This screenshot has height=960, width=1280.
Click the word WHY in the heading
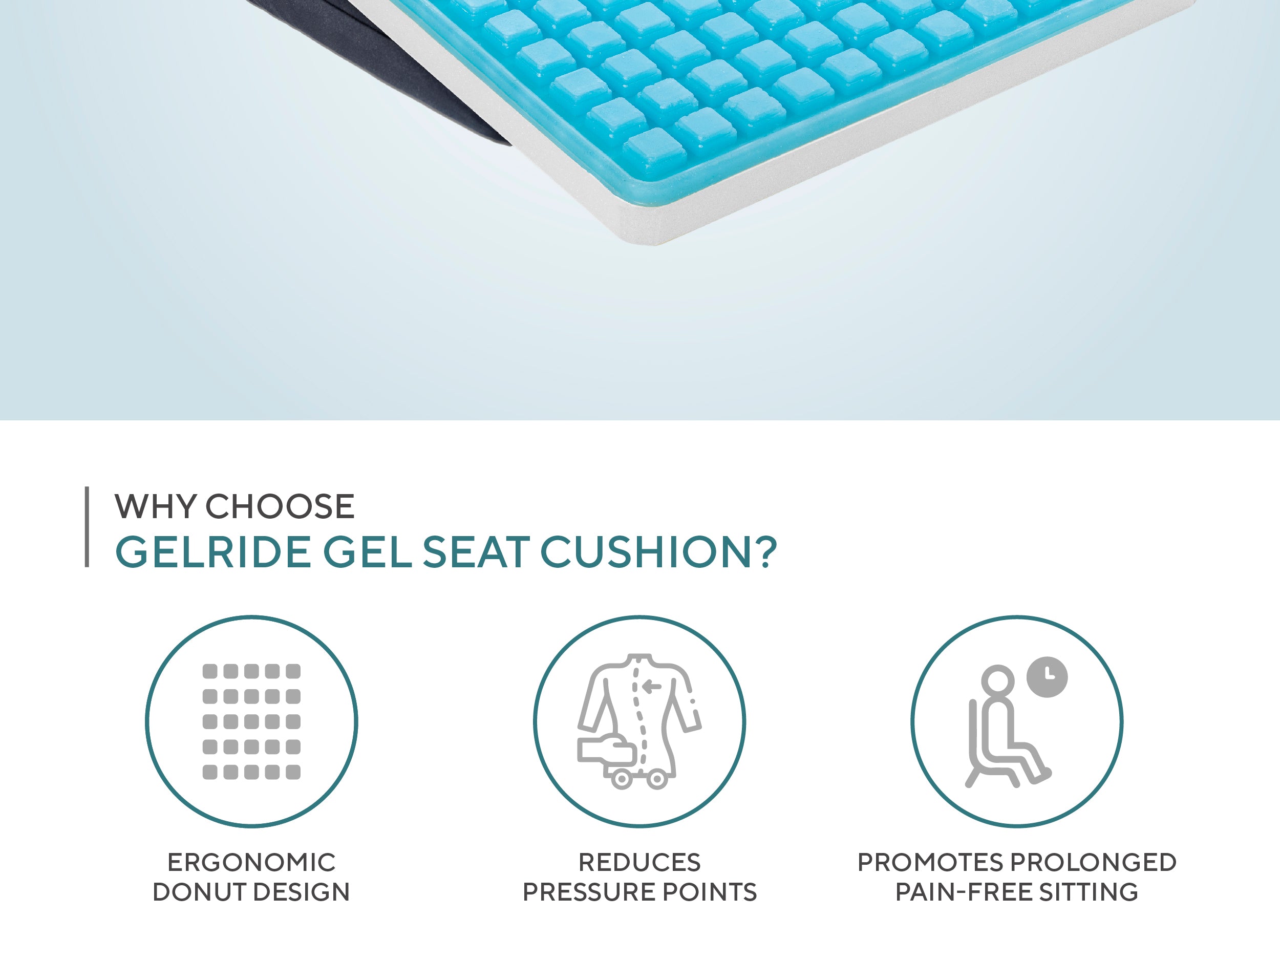coord(156,507)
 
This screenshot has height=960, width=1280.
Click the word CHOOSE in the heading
coord(280,507)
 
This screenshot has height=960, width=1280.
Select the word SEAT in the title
coord(476,552)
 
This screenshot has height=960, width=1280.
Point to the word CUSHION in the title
coord(646,552)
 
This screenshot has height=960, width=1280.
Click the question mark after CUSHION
coord(765,552)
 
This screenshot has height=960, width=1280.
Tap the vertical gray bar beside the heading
coord(87,526)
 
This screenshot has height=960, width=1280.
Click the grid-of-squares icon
coord(251,721)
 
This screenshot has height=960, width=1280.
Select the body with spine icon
coord(639,721)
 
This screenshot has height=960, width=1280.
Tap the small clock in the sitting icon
coord(1047,677)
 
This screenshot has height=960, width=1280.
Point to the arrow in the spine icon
coord(652,687)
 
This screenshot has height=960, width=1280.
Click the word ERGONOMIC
coord(251,862)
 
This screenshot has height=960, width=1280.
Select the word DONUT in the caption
coord(199,892)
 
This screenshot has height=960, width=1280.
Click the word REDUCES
coord(639,862)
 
